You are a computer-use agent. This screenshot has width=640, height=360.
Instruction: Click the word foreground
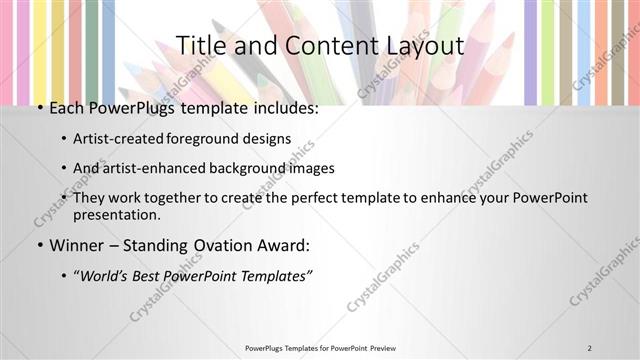click(x=196, y=139)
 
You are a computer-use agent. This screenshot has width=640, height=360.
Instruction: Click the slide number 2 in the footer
click(x=590, y=348)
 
